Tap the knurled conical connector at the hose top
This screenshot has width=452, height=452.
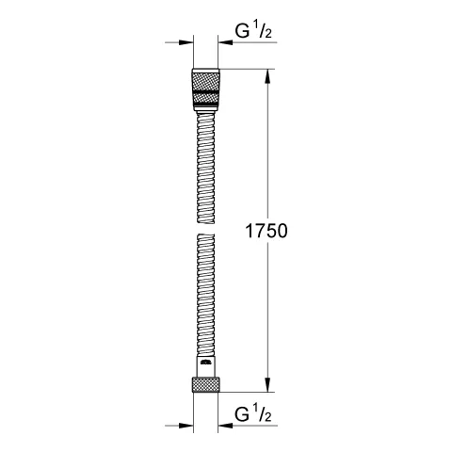pos(206,90)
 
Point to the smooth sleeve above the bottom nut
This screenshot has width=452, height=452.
pos(206,366)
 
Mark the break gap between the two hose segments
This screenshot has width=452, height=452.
pos(206,227)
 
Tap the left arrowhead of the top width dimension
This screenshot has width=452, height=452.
pos(185,42)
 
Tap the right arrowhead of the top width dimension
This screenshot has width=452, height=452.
pos(228,42)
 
